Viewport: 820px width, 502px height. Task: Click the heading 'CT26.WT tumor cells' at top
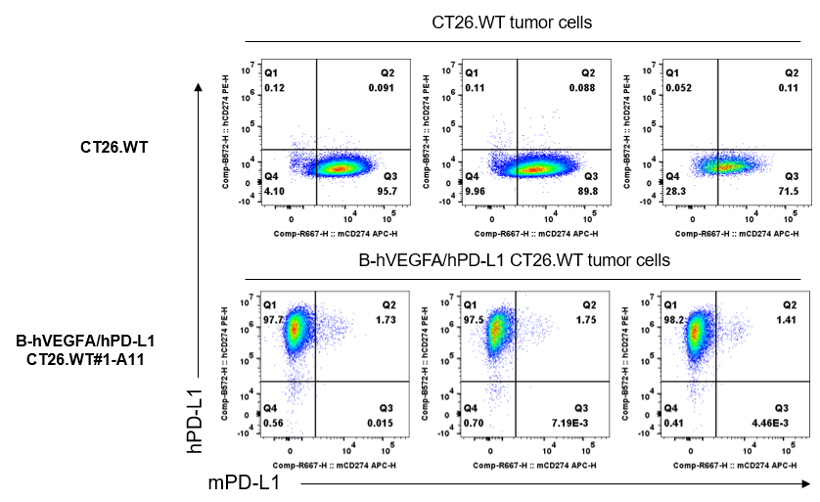512,23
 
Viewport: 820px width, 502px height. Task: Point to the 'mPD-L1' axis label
244,482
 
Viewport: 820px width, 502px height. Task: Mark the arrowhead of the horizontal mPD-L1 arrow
807,482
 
